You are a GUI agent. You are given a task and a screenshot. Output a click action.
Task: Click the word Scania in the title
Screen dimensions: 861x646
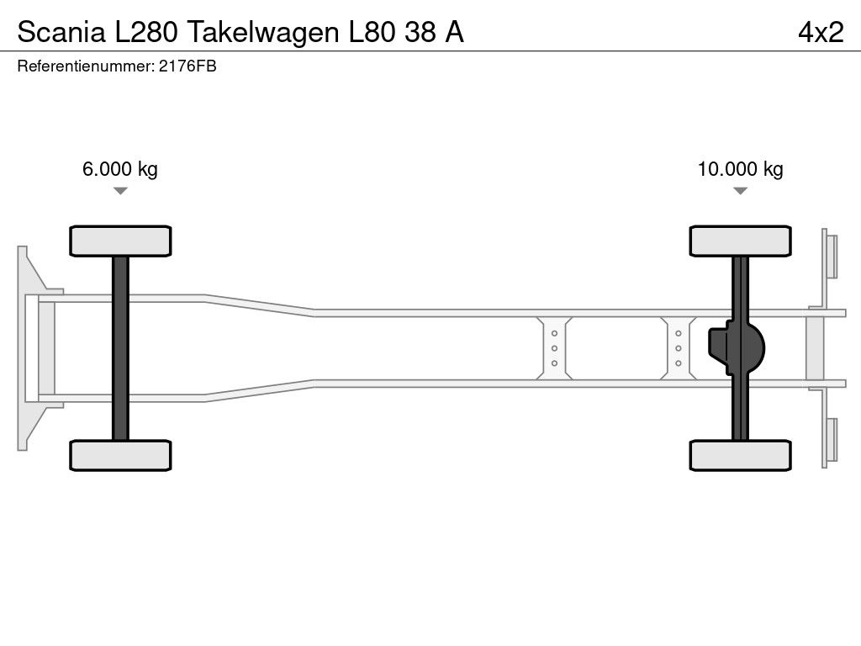61,32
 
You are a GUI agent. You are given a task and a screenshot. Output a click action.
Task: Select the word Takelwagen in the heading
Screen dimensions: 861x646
263,33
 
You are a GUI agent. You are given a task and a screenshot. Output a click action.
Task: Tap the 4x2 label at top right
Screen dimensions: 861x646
821,32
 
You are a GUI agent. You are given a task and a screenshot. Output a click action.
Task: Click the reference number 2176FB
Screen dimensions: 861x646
188,66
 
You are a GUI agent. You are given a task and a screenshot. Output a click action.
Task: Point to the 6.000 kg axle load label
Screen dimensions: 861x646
119,168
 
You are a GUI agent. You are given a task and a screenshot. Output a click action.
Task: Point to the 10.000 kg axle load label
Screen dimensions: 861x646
740,168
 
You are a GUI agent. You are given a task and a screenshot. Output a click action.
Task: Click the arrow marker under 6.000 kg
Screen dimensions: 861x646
120,191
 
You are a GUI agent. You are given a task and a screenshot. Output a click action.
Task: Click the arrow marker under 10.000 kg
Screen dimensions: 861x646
740,191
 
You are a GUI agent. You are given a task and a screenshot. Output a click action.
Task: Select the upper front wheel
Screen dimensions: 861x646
120,241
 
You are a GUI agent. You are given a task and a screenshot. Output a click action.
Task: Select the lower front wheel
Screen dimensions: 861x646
120,455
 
